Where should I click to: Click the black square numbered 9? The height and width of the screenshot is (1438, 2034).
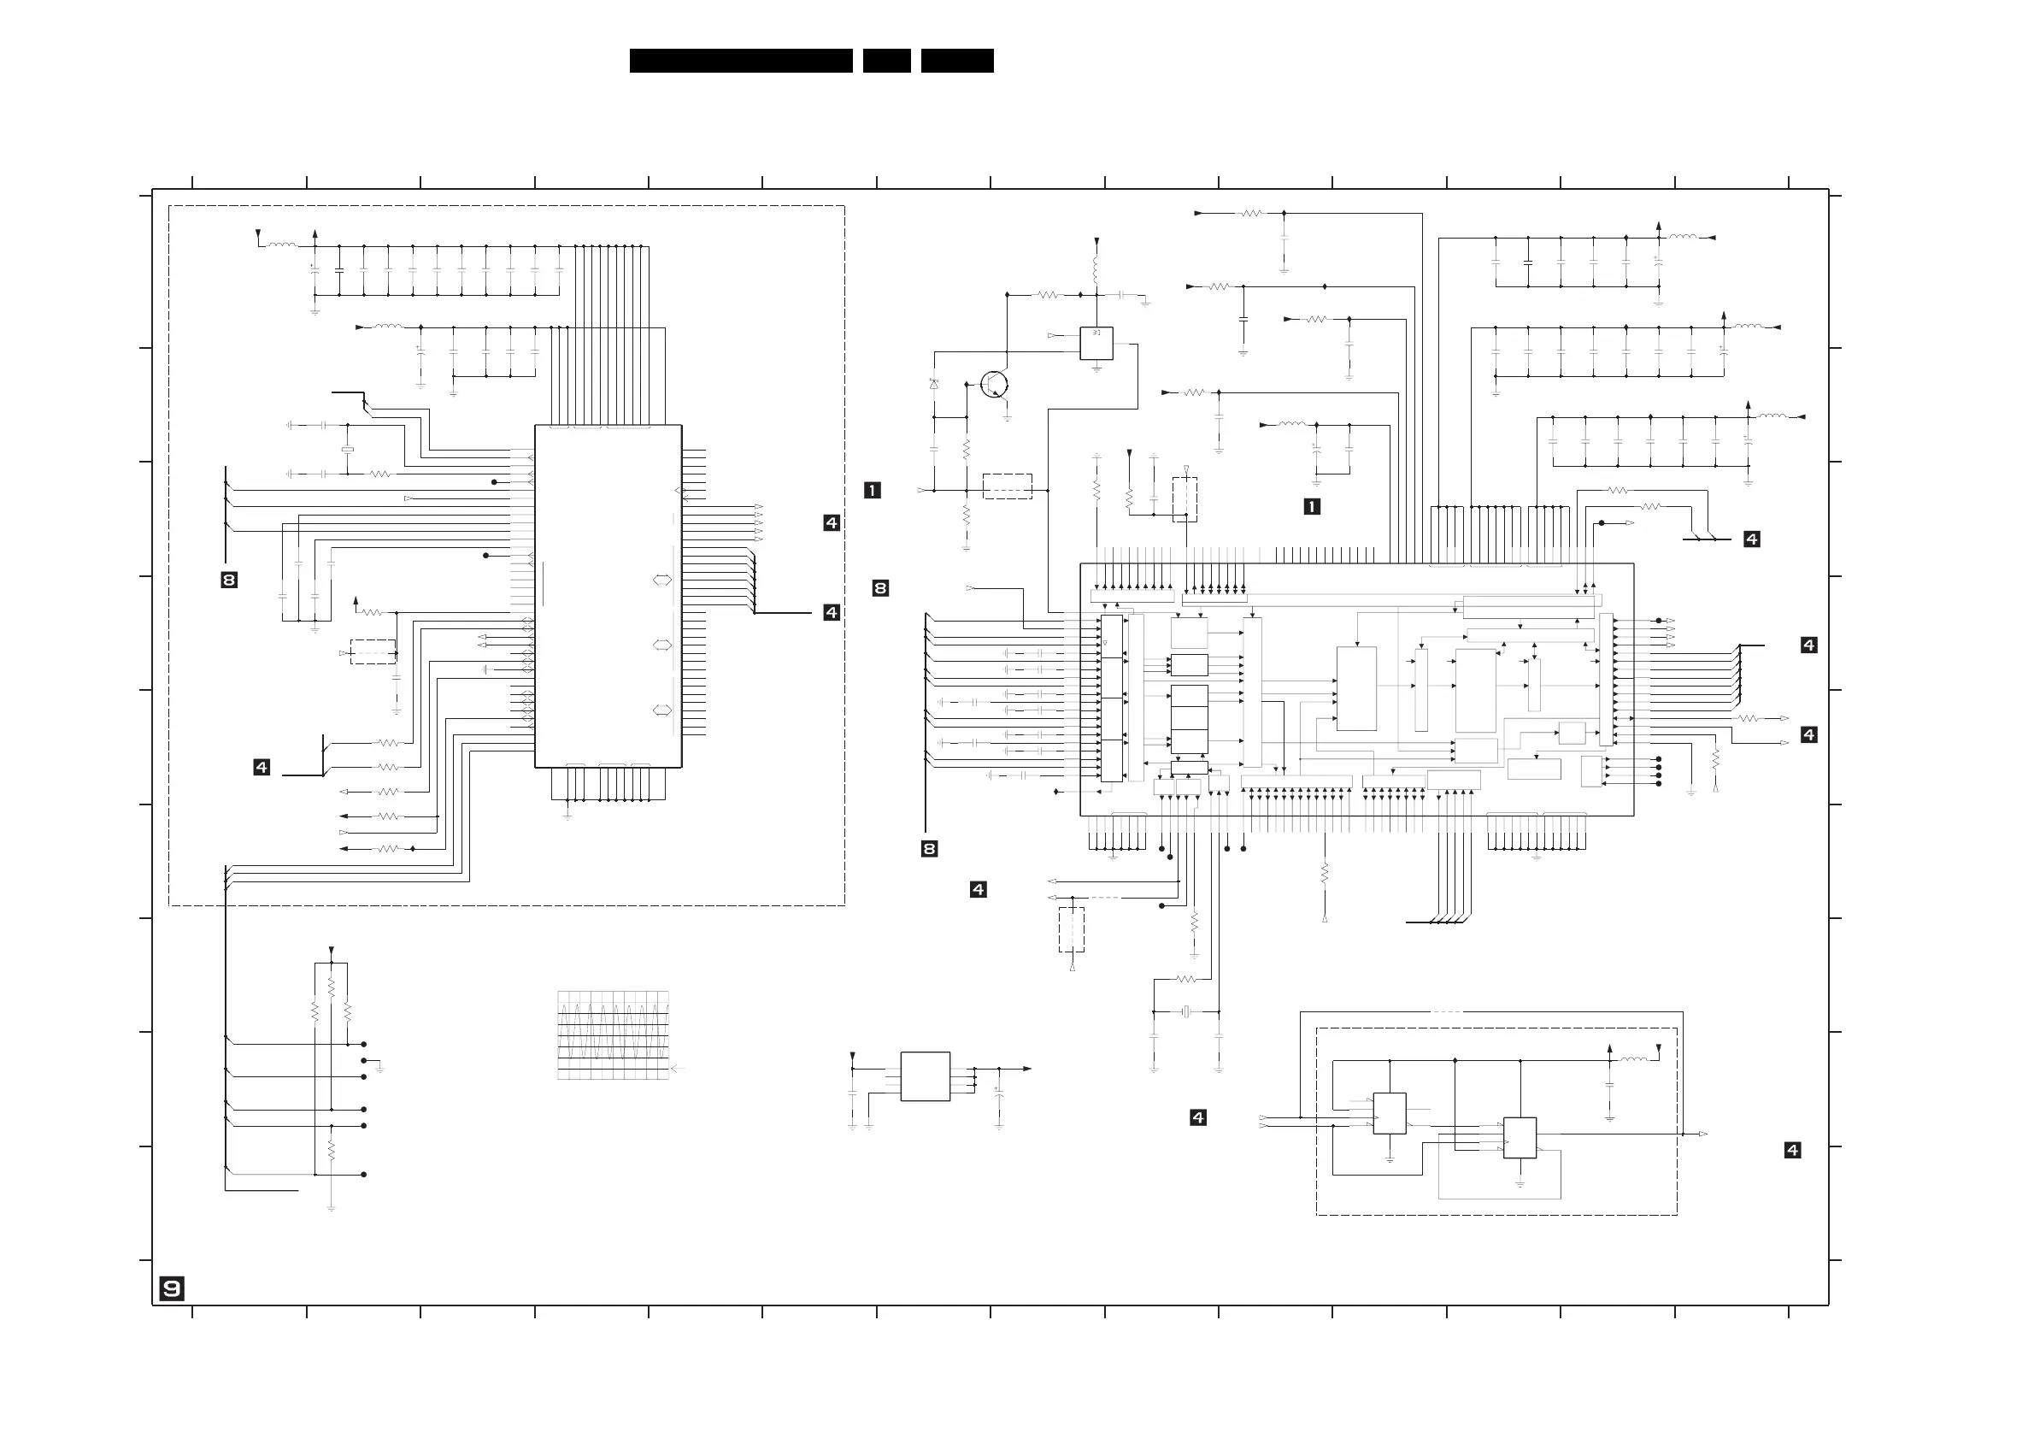172,1288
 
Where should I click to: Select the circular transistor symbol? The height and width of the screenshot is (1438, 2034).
995,385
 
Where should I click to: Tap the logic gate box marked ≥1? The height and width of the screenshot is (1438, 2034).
1096,343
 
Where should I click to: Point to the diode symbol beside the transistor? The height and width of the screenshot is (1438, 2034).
934,384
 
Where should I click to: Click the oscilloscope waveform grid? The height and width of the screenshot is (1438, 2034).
613,1034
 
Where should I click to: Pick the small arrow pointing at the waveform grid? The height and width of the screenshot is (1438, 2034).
679,1069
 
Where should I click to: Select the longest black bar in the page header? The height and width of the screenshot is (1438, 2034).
741,60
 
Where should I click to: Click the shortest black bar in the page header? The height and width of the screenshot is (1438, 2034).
887,60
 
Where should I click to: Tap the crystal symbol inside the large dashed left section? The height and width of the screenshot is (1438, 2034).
347,450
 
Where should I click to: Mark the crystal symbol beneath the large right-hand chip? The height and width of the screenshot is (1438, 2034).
1185,1012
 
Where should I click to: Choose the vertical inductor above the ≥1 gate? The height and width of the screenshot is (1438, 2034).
1096,269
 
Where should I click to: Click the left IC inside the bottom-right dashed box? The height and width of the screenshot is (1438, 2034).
1389,1114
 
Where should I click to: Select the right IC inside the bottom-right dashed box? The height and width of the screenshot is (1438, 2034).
1520,1138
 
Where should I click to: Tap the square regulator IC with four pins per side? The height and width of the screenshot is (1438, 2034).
925,1076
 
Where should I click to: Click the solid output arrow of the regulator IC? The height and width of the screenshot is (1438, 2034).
1026,1069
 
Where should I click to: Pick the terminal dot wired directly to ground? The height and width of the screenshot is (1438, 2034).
364,1061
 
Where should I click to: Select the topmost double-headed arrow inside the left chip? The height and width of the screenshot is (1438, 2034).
661,581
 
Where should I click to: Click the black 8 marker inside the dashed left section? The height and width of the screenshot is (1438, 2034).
229,581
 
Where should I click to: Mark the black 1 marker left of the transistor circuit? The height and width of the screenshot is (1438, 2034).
873,490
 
